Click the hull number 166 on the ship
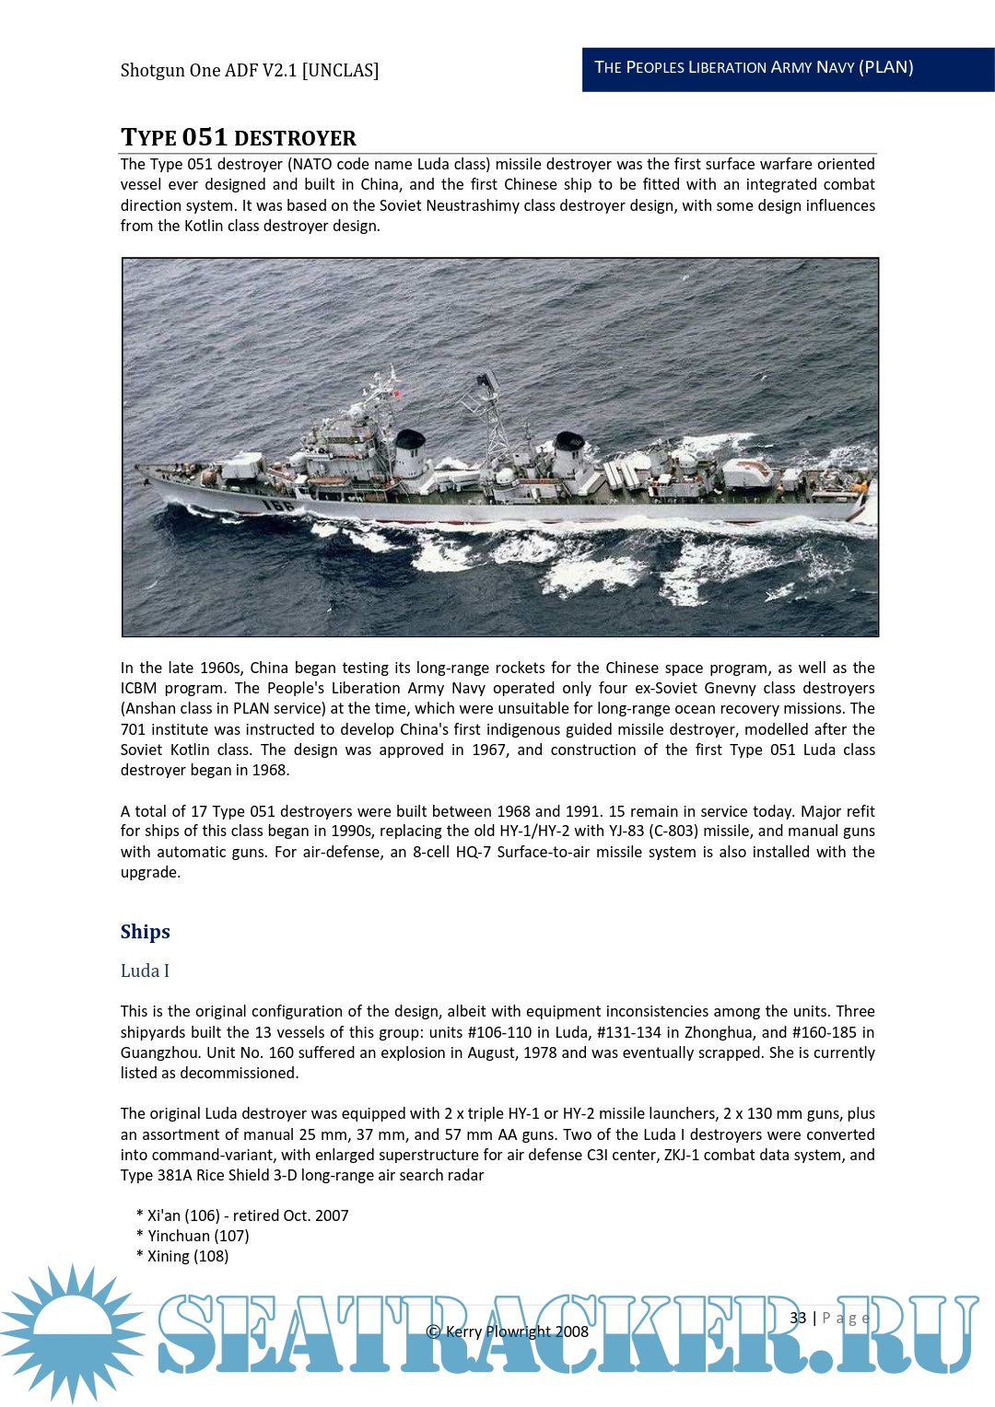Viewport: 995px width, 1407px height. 277,504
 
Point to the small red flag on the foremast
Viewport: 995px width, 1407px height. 397,394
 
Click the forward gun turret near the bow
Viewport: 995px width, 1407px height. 241,466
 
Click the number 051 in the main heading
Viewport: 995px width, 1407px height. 205,137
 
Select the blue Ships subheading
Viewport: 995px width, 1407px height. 146,932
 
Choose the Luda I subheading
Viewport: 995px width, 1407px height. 145,971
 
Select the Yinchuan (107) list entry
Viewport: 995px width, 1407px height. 198,1236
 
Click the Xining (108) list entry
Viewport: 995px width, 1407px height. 188,1256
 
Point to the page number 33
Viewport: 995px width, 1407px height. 798,1318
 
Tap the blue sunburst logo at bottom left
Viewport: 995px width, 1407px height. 72,1332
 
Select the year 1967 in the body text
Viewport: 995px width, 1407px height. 489,750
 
